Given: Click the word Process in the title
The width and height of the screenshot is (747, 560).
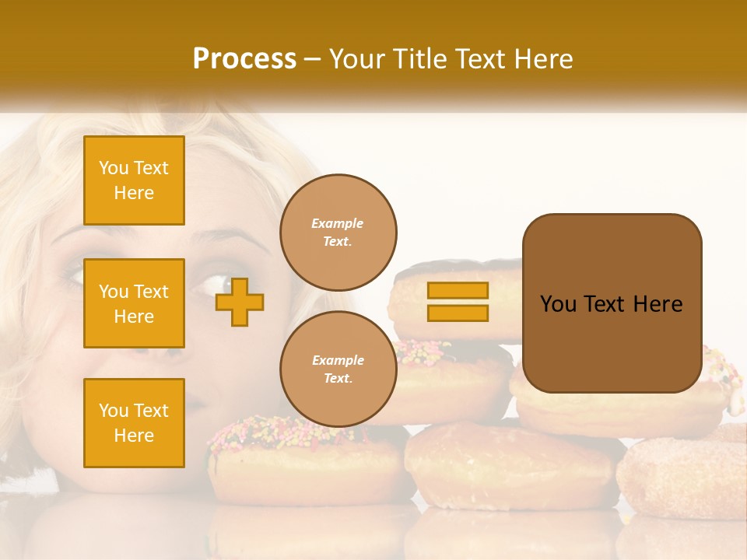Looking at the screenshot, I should (x=244, y=59).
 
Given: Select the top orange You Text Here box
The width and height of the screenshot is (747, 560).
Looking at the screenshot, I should (x=134, y=180).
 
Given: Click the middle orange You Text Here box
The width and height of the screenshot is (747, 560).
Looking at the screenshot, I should (x=134, y=303).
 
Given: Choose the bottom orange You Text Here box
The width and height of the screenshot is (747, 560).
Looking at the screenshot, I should (x=134, y=423).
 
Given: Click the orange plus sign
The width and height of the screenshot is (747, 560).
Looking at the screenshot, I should (x=240, y=302).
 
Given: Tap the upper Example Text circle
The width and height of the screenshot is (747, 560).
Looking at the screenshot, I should (x=338, y=233).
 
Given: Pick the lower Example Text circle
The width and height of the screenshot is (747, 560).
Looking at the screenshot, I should (x=338, y=369).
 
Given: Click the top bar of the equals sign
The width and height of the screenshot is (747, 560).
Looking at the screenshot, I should (x=458, y=290).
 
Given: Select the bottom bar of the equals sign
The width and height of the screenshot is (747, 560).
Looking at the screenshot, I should (x=458, y=313).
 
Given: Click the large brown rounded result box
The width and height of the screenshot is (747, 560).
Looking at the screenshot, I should (x=612, y=303).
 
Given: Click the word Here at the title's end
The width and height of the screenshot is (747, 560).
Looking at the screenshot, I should (x=542, y=59).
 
